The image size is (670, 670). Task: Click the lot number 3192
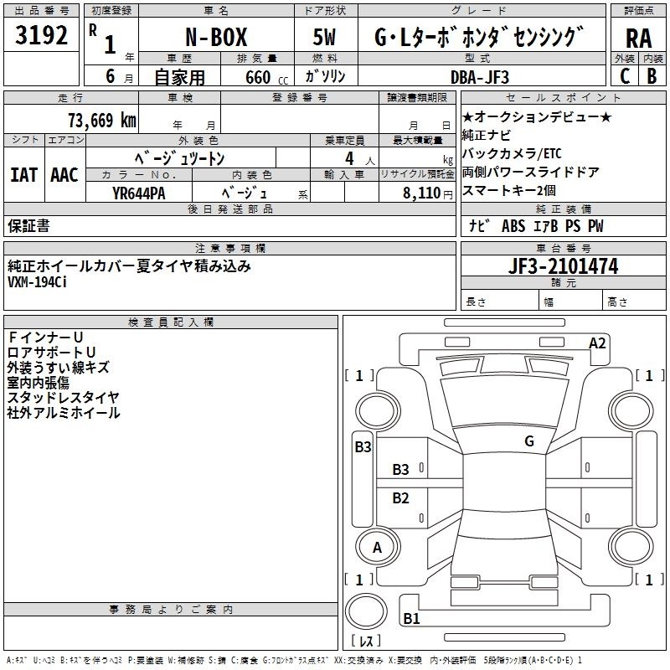(x=41, y=35)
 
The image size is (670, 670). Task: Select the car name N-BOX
(x=216, y=37)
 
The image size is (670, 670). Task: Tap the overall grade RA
(x=639, y=39)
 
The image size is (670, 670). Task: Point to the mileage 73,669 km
(x=102, y=121)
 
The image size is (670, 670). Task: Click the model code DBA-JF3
(x=480, y=77)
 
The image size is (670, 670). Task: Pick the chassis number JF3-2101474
(x=563, y=266)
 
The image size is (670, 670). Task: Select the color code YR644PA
(x=138, y=193)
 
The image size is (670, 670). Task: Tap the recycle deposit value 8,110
(x=422, y=193)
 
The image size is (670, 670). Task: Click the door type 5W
(x=324, y=37)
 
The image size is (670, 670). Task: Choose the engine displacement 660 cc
(x=266, y=78)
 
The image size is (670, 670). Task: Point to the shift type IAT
(x=23, y=175)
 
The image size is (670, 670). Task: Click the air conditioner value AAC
(x=64, y=175)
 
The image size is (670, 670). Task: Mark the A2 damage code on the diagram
(x=597, y=343)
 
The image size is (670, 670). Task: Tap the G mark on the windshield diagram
(x=529, y=441)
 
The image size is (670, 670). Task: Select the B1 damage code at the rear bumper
(x=411, y=618)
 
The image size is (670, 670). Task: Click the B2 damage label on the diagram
(x=400, y=498)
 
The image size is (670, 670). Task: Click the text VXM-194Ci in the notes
(x=37, y=282)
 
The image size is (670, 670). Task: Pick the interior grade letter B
(x=652, y=76)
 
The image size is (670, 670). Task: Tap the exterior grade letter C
(x=625, y=76)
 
